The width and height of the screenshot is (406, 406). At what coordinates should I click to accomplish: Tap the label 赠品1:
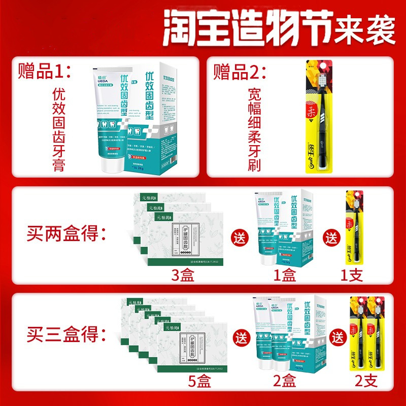point(43,71)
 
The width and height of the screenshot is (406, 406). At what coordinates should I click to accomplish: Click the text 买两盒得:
point(66,236)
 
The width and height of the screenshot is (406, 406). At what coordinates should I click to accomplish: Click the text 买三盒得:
point(66,335)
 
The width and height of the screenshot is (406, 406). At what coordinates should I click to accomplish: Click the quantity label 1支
point(353,276)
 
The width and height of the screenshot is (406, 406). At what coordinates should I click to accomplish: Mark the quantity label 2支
point(365,382)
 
